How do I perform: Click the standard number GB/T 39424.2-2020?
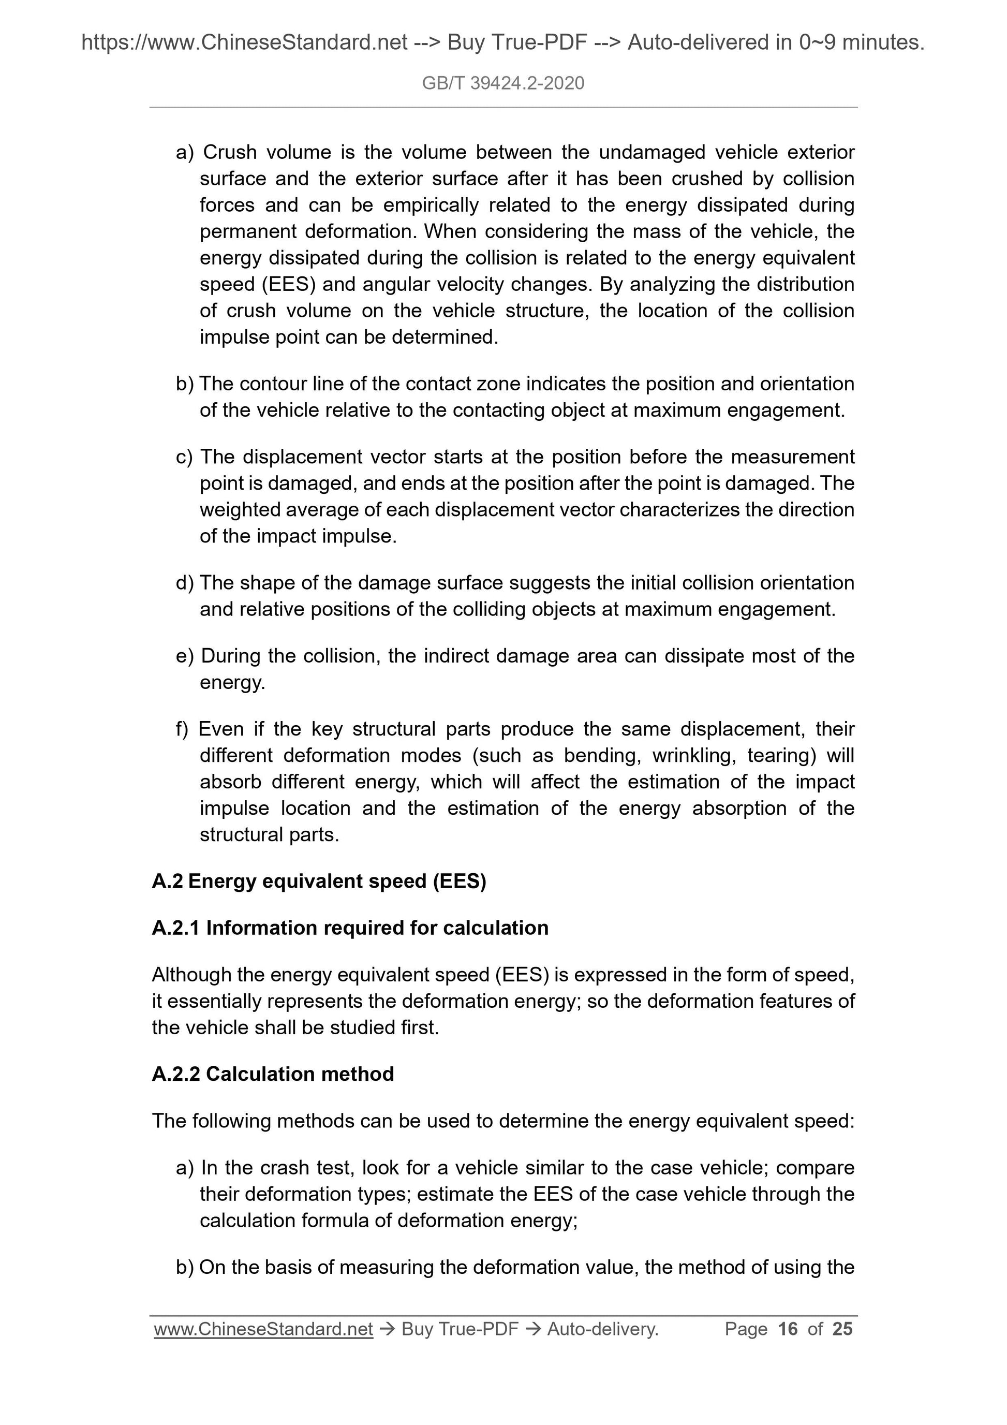[x=502, y=83]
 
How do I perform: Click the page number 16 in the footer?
[x=788, y=1328]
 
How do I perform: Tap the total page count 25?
[x=842, y=1328]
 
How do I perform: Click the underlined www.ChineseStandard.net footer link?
[x=263, y=1328]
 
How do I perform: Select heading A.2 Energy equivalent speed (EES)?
[x=319, y=882]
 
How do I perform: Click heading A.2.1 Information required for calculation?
[x=350, y=928]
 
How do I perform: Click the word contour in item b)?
[x=276, y=384]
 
